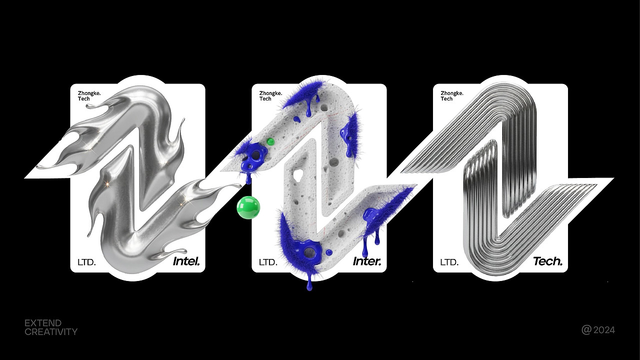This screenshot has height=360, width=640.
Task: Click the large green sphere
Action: (x=248, y=207)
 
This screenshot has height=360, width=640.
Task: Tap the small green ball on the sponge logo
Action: (x=270, y=141)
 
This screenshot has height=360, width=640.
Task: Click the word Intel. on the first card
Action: (x=186, y=261)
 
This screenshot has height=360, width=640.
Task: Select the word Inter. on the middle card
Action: (x=367, y=261)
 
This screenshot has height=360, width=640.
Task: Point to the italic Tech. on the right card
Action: (x=548, y=261)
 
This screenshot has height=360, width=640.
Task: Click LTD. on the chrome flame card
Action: (x=86, y=262)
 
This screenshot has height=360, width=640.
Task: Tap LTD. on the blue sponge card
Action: (x=268, y=262)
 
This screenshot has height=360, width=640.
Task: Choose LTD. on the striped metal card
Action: (x=449, y=262)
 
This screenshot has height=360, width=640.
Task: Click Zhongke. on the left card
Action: (x=89, y=93)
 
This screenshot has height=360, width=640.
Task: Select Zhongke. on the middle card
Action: (x=270, y=93)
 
